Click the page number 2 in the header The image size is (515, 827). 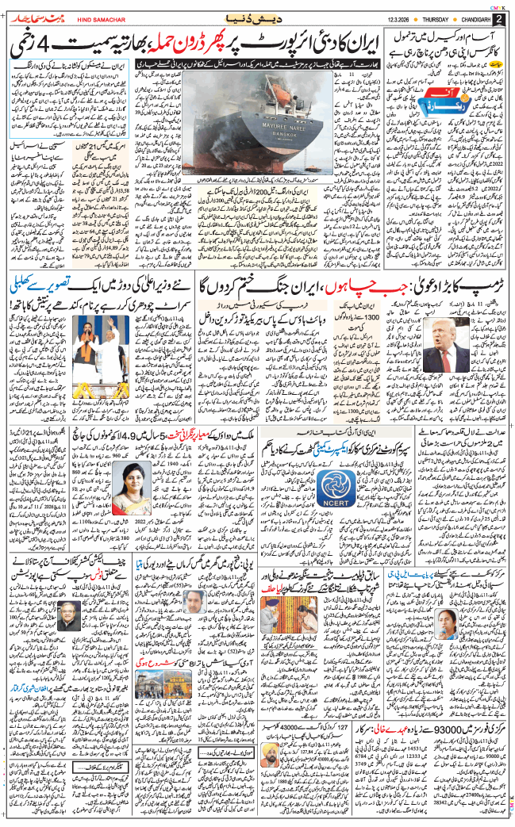[498, 18]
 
